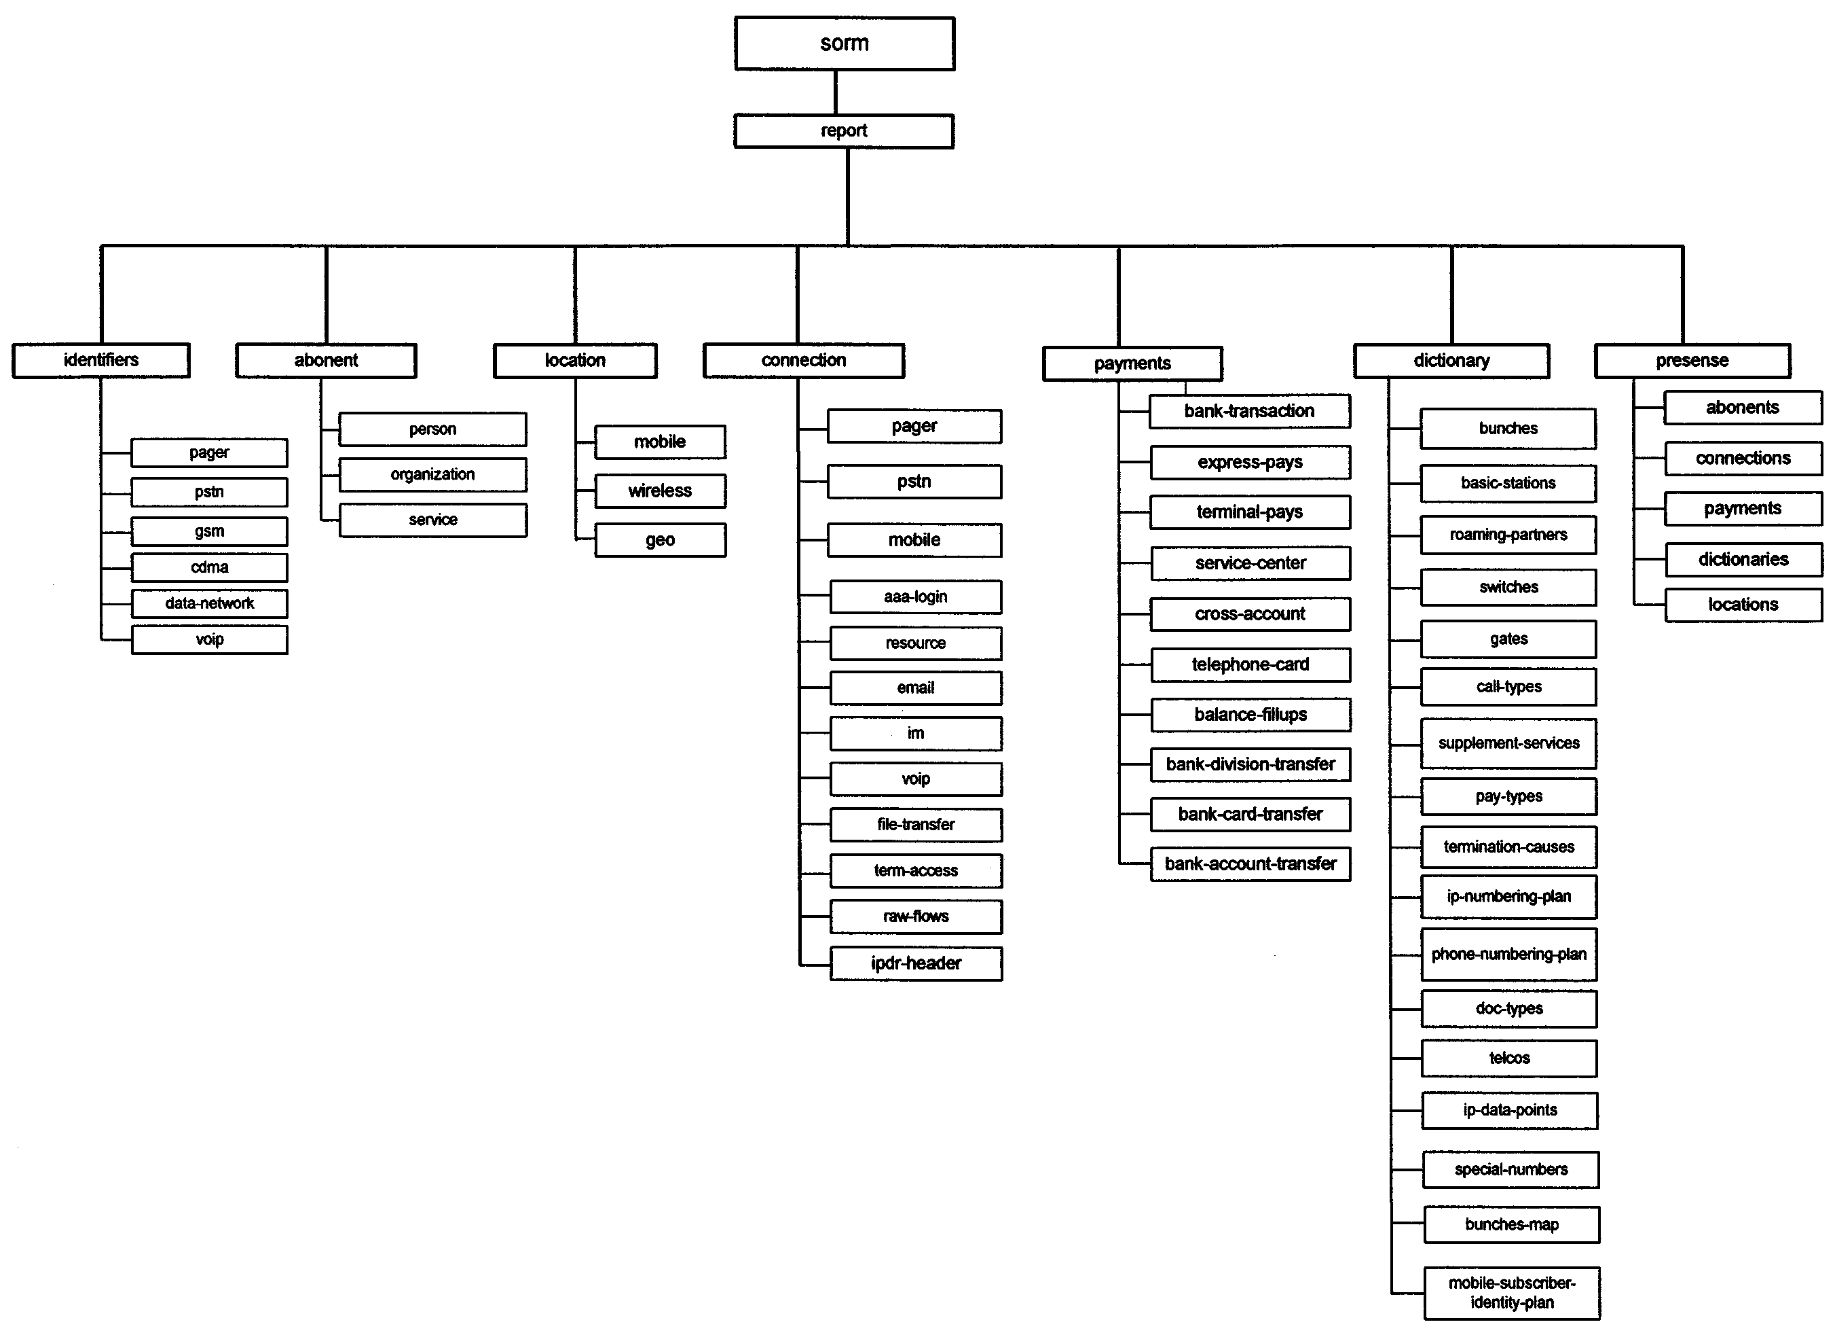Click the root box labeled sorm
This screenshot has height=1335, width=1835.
pyautogui.click(x=844, y=43)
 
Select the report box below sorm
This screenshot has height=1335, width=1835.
pyautogui.click(x=844, y=131)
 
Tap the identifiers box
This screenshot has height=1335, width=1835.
pyautogui.click(x=101, y=360)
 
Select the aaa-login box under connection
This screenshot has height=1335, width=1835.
pyautogui.click(x=915, y=597)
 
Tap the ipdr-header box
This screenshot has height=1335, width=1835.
pyautogui.click(x=915, y=963)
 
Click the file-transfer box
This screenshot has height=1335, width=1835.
pyautogui.click(x=915, y=825)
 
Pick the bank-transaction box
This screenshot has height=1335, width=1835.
pyautogui.click(x=1249, y=411)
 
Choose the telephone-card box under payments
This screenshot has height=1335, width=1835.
pyautogui.click(x=1250, y=664)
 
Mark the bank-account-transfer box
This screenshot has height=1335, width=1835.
pyautogui.click(x=1250, y=864)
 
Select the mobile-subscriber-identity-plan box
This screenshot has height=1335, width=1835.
pyautogui.click(x=1511, y=1293)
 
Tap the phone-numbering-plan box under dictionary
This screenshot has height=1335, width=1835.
pyautogui.click(x=1509, y=955)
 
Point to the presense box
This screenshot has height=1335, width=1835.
pyautogui.click(x=1692, y=360)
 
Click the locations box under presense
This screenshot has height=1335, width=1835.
pyautogui.click(x=1743, y=605)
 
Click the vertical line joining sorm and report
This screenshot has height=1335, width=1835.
pyautogui.click(x=836, y=92)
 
